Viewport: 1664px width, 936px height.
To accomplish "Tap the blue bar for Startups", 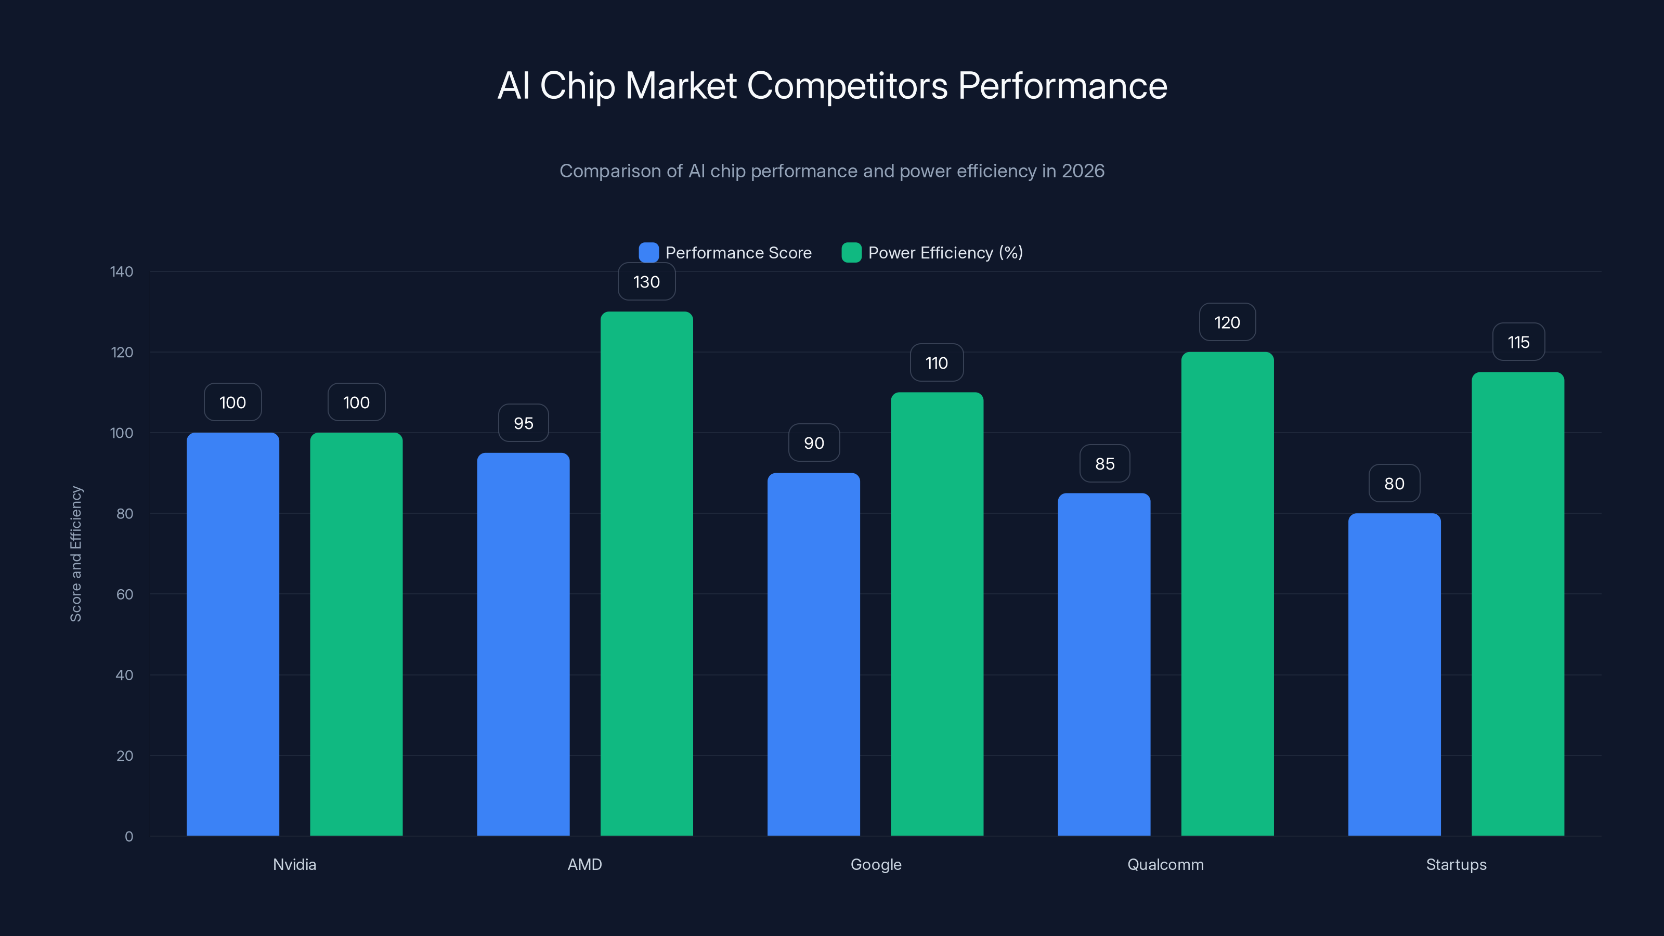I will (x=1394, y=674).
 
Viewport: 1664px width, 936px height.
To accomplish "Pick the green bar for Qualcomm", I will (x=1227, y=594).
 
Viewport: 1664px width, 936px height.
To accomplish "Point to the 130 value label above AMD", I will (x=646, y=282).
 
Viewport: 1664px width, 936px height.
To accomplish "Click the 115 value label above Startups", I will (x=1518, y=342).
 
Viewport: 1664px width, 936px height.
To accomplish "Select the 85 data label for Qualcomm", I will (x=1104, y=463).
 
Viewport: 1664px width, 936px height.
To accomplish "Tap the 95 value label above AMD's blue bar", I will (x=523, y=423).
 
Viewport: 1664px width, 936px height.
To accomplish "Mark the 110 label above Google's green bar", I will (x=937, y=362).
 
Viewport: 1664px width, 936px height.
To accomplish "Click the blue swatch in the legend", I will (x=648, y=253).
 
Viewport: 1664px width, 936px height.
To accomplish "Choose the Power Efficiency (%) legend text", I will (x=945, y=253).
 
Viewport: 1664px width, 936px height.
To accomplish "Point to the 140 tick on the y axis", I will (x=122, y=271).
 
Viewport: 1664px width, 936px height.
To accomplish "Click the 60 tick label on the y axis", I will (x=125, y=594).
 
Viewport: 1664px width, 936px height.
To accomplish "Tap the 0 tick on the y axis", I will (x=128, y=837).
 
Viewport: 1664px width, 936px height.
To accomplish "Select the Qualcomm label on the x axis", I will (x=1165, y=864).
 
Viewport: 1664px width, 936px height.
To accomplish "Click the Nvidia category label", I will (x=294, y=864).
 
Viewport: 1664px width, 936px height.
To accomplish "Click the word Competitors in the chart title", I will (x=847, y=85).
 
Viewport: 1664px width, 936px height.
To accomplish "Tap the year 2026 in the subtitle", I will (x=1083, y=171).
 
